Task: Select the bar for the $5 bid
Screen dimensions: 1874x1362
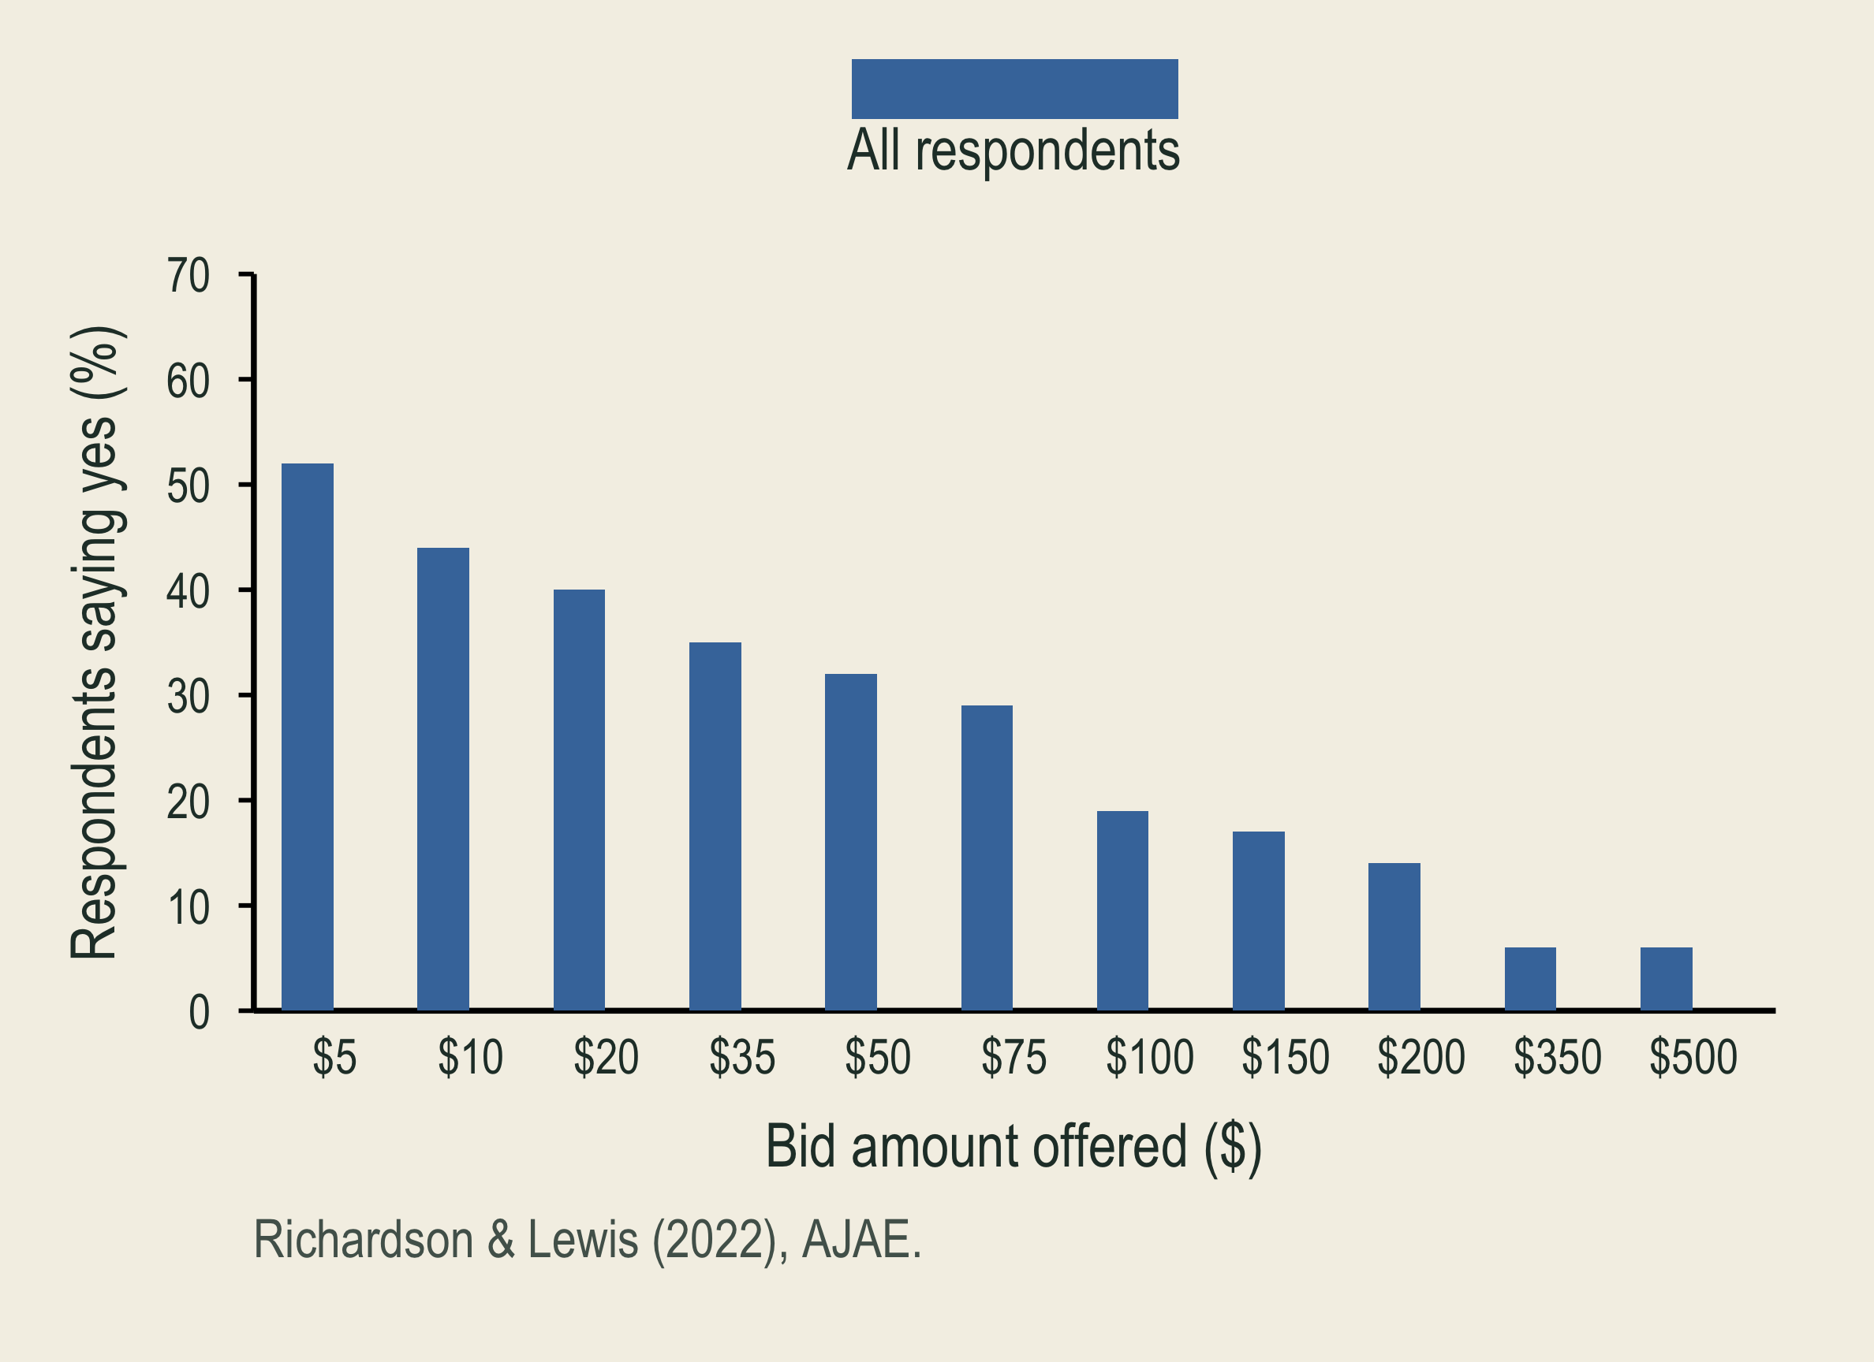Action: (x=308, y=737)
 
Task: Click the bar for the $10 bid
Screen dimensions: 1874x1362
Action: (x=443, y=779)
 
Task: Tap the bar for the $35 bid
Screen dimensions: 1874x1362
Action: (x=715, y=826)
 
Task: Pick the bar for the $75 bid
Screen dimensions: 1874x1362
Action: (x=987, y=858)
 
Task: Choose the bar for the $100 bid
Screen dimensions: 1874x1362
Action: (x=1122, y=910)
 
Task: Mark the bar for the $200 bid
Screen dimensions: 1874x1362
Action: (x=1394, y=936)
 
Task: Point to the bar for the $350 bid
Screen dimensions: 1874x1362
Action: (x=1530, y=979)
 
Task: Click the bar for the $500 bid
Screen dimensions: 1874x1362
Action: (x=1666, y=979)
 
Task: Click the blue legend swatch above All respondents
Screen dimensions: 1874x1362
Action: (x=1014, y=88)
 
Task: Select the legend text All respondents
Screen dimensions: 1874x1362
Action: (x=1014, y=151)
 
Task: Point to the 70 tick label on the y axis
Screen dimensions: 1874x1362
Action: (x=188, y=276)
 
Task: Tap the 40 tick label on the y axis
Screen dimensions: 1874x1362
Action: (x=188, y=591)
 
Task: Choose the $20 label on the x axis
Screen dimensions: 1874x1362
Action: (x=606, y=1057)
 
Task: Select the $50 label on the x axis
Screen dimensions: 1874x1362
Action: (x=878, y=1057)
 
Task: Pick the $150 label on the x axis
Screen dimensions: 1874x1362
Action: (x=1286, y=1057)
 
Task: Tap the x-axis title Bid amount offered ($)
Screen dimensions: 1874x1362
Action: (x=1014, y=1148)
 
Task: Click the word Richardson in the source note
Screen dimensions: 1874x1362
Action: (x=364, y=1241)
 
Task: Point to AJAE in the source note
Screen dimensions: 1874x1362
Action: (x=855, y=1241)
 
